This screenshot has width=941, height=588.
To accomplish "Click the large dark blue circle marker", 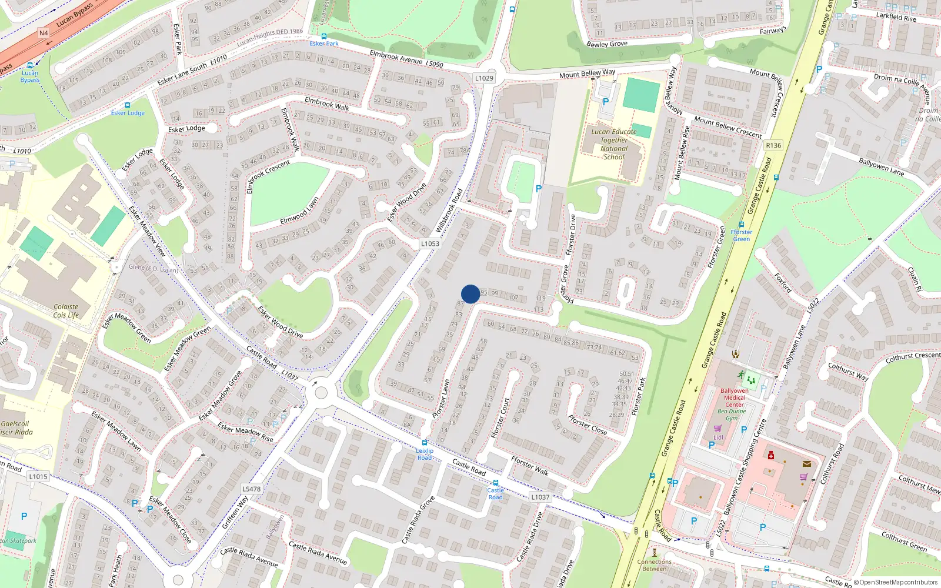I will (470, 294).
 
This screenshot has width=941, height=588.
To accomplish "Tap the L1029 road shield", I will (484, 78).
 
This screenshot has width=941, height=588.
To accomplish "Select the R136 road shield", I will (773, 145).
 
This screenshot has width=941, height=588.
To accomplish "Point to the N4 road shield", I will (44, 33).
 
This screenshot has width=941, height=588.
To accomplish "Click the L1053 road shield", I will (430, 243).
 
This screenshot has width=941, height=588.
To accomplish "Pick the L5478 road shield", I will (251, 489).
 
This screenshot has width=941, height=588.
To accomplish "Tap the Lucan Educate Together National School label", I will (614, 145).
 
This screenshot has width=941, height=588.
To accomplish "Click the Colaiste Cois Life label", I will (66, 310).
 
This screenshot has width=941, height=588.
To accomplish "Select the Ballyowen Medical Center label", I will (735, 397).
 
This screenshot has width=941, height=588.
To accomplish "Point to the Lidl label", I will (718, 437).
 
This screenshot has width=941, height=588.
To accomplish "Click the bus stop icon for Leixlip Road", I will (424, 443).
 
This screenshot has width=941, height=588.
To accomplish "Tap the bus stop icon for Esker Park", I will (323, 36).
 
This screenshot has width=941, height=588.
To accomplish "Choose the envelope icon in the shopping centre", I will (806, 464).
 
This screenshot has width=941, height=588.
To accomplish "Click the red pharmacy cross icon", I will (771, 455).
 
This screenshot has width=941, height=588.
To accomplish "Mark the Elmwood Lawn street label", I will (299, 211).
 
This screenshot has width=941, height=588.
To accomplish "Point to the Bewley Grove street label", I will (607, 44).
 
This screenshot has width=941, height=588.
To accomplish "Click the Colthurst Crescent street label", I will (913, 356).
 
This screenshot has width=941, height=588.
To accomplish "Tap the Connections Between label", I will (654, 565).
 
